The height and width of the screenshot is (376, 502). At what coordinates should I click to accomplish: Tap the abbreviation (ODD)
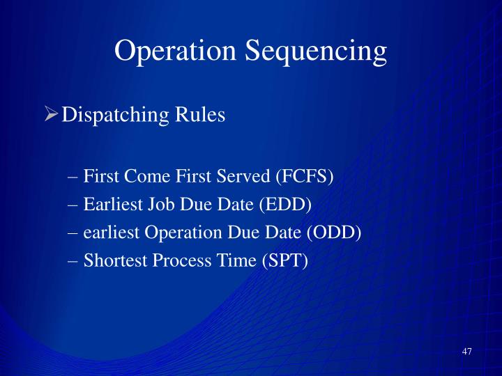click(334, 233)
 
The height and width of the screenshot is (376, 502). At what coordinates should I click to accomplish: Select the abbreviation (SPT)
click(284, 260)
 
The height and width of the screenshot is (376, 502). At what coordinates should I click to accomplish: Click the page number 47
click(466, 352)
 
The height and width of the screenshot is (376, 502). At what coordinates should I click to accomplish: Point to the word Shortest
click(113, 260)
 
